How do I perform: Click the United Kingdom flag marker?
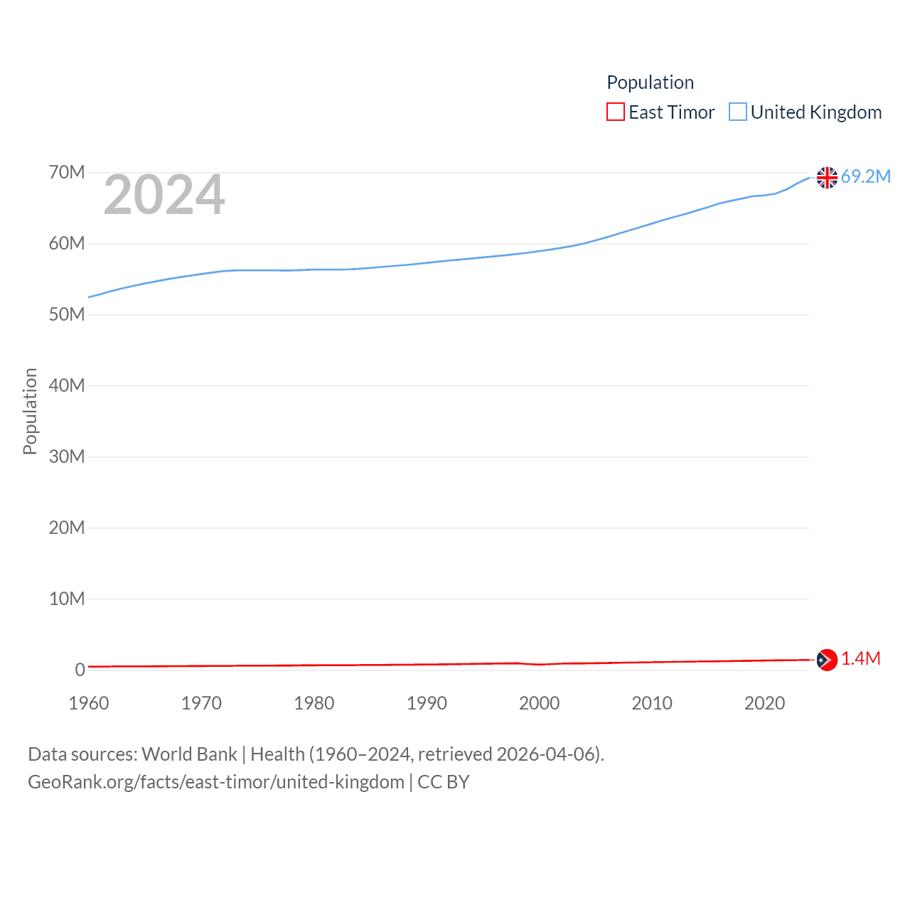(x=827, y=177)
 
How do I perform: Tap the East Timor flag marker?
(x=827, y=660)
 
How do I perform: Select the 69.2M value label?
(x=865, y=176)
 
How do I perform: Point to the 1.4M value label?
(x=860, y=659)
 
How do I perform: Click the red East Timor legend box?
(x=615, y=112)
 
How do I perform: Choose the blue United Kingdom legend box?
(x=738, y=112)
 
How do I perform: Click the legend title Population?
(x=650, y=82)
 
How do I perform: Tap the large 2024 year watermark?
(x=164, y=195)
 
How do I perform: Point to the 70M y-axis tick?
(x=67, y=173)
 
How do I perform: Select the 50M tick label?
(x=67, y=315)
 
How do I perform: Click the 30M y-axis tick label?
(x=67, y=456)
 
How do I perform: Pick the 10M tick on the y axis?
(x=67, y=599)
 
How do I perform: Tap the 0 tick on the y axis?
(x=80, y=670)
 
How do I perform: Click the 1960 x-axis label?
(x=89, y=703)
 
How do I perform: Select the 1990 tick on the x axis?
(x=427, y=703)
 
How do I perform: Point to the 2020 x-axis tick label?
(x=764, y=703)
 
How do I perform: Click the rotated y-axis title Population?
(x=30, y=411)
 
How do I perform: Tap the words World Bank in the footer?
(x=189, y=754)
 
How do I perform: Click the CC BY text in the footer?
(x=444, y=782)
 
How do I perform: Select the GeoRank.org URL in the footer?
(x=216, y=782)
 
